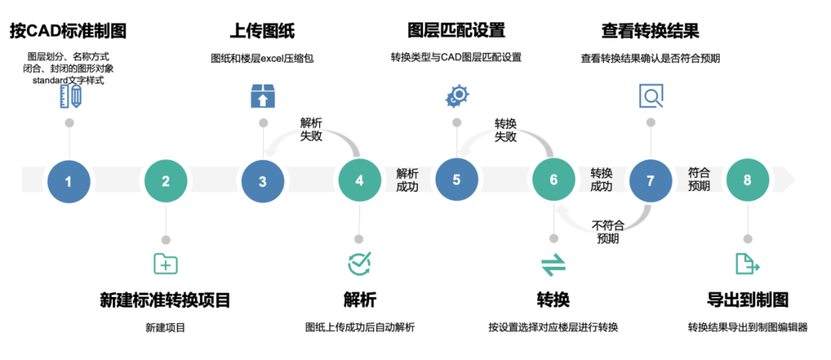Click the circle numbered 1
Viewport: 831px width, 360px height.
[x=68, y=181]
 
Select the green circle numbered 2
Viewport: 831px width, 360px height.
[x=165, y=181]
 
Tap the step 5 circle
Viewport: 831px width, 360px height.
[x=456, y=179]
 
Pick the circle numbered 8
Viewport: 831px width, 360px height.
[x=747, y=180]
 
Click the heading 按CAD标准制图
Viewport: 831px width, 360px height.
[x=68, y=32]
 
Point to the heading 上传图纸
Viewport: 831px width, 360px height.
[x=262, y=32]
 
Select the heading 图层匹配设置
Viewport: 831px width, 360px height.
[x=456, y=32]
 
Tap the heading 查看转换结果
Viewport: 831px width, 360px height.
[x=650, y=32]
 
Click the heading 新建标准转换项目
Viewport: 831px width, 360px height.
[x=165, y=300]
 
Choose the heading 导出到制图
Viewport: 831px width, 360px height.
[x=747, y=300]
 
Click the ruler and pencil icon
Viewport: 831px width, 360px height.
[x=69, y=96]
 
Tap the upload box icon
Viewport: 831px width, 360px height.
[x=262, y=96]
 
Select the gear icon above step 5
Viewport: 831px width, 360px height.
[x=456, y=96]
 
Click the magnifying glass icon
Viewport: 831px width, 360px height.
[x=651, y=96]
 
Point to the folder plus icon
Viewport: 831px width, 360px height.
[x=165, y=264]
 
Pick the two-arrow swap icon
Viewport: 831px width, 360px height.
[x=553, y=265]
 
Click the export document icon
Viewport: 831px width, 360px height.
[x=747, y=264]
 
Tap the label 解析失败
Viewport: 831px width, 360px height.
[x=311, y=129]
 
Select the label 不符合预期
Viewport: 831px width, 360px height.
[x=608, y=232]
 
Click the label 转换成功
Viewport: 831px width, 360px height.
[x=601, y=179]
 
